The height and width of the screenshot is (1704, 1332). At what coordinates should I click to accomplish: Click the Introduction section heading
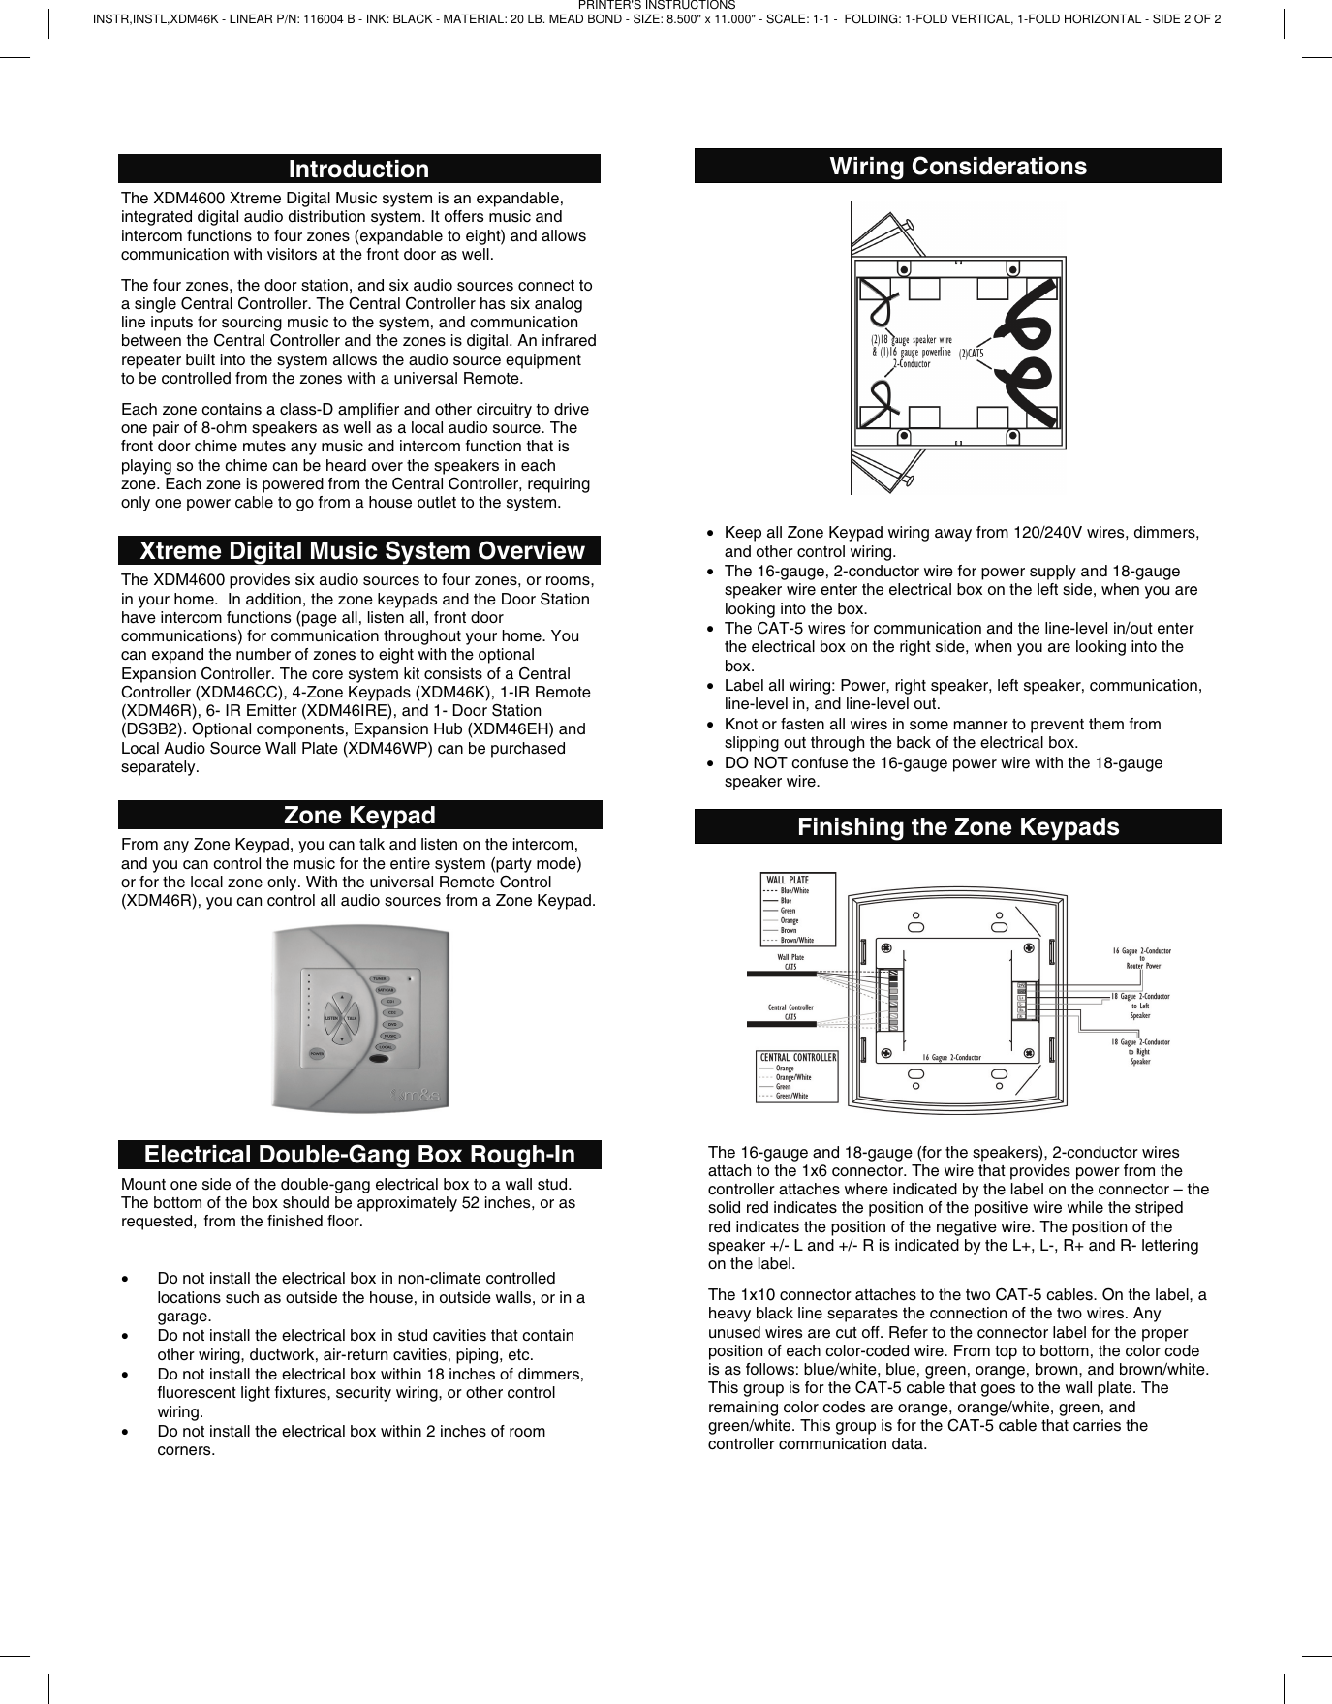coord(358,169)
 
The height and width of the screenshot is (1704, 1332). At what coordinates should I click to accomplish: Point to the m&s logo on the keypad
coord(416,1096)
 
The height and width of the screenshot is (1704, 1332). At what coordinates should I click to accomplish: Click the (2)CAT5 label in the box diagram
coord(971,354)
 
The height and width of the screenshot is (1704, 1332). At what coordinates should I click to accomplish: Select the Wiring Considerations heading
coord(957,166)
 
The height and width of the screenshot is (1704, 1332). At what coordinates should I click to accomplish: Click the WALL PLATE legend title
coord(788,881)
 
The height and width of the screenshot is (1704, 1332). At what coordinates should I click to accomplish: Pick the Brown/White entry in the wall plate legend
coord(797,940)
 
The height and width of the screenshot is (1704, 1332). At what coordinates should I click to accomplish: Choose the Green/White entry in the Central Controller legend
coord(791,1096)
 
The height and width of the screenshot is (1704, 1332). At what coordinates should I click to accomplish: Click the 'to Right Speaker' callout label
coord(1140,1056)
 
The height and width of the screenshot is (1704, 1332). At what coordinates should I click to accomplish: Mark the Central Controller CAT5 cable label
coord(790,1012)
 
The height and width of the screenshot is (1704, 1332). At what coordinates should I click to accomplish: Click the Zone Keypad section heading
coord(358,815)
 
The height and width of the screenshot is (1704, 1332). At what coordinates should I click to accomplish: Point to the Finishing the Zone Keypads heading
coord(957,826)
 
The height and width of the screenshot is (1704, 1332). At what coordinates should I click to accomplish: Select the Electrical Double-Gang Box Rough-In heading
coord(358,1155)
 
